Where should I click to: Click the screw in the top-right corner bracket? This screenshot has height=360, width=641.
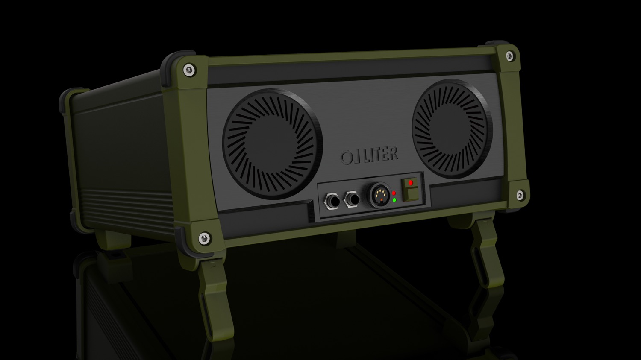pos(509,56)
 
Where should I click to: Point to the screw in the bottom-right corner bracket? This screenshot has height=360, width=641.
pos(520,195)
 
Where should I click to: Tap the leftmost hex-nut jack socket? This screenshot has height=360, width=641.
pos(332,201)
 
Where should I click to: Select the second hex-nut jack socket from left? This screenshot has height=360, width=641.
pos(353,199)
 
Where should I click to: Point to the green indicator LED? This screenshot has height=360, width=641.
pos(394,200)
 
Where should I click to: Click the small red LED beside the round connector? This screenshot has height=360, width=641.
pos(394,193)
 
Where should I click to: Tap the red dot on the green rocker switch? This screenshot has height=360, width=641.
pos(411,183)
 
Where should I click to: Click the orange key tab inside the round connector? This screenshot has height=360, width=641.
pos(381,199)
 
